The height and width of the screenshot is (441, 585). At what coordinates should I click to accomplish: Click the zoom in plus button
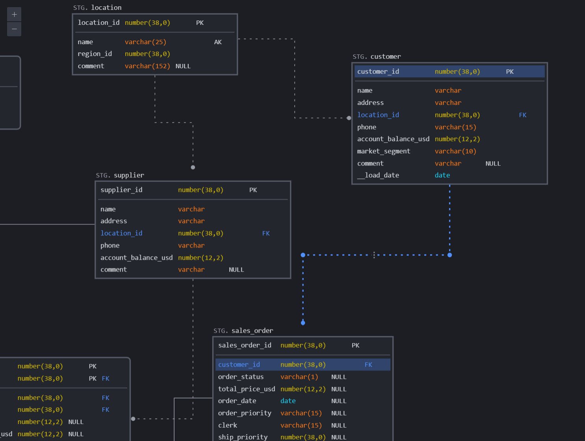[x=14, y=15]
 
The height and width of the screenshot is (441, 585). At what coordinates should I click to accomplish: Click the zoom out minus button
[x=14, y=29]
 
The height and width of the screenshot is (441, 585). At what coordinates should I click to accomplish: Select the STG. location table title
[x=97, y=7]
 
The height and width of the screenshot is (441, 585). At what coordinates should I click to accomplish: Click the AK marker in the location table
[x=218, y=42]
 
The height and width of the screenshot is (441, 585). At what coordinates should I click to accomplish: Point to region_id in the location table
[x=95, y=54]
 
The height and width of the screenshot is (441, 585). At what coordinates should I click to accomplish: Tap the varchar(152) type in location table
[x=147, y=66]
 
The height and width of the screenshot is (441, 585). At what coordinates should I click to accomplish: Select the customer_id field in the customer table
[x=378, y=72]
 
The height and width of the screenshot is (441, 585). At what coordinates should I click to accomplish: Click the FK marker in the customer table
[x=523, y=115]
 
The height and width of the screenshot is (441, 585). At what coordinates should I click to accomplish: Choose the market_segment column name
[x=384, y=151]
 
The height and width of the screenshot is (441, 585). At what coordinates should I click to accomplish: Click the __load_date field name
[x=378, y=175]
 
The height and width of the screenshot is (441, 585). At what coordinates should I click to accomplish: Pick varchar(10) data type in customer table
[x=455, y=151]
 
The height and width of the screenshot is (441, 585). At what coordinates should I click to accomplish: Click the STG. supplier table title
[x=120, y=175]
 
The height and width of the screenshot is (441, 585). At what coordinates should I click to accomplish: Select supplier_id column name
[x=121, y=190]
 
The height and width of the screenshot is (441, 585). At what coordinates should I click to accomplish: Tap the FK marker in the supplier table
[x=266, y=233]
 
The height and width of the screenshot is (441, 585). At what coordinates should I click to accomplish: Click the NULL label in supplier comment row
[x=236, y=270]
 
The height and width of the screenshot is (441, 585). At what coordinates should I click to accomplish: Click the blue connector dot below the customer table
[x=449, y=255]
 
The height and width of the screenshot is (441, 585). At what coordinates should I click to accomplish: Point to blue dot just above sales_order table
[x=303, y=323]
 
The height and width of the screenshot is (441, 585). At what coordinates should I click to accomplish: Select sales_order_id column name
[x=245, y=345]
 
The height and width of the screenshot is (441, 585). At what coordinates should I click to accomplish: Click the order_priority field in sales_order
[x=245, y=413]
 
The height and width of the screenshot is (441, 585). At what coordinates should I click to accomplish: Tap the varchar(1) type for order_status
[x=299, y=377]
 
